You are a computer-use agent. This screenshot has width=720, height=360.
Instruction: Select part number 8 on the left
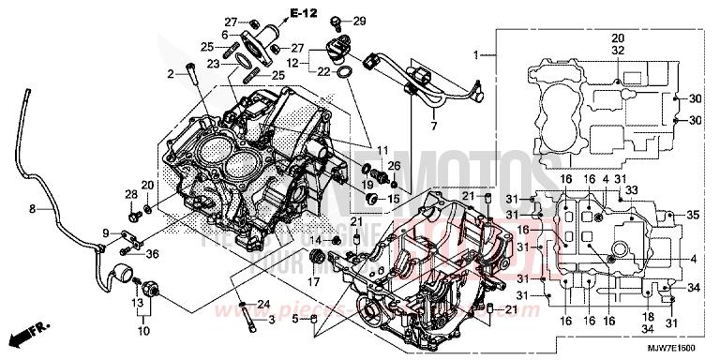point(31,208)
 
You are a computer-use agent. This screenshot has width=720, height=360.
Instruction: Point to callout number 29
point(360,21)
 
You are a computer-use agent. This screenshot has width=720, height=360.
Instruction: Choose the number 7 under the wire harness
point(433,125)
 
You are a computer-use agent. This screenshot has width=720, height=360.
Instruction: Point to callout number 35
point(693,215)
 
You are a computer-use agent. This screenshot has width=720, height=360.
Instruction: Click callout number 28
point(129,193)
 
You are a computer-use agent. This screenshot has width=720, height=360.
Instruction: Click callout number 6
point(225,35)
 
